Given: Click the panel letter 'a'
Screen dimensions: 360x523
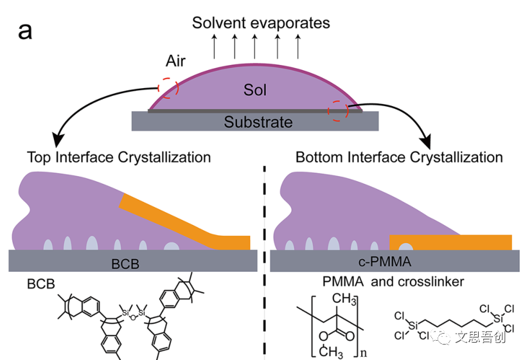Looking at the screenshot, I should pyautogui.click(x=25, y=30).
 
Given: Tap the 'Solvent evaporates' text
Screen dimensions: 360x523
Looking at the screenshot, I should pyautogui.click(x=261, y=23).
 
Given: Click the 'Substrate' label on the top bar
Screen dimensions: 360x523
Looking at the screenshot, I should pyautogui.click(x=258, y=122).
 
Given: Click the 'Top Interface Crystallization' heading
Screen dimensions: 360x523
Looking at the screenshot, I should pyautogui.click(x=119, y=157).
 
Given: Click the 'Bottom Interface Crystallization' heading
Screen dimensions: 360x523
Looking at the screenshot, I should pyautogui.click(x=399, y=157).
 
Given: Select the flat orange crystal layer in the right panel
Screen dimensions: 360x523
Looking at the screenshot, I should pyautogui.click(x=450, y=242).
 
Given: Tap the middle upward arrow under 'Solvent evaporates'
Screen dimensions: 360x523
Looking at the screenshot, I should pyautogui.click(x=255, y=46).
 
